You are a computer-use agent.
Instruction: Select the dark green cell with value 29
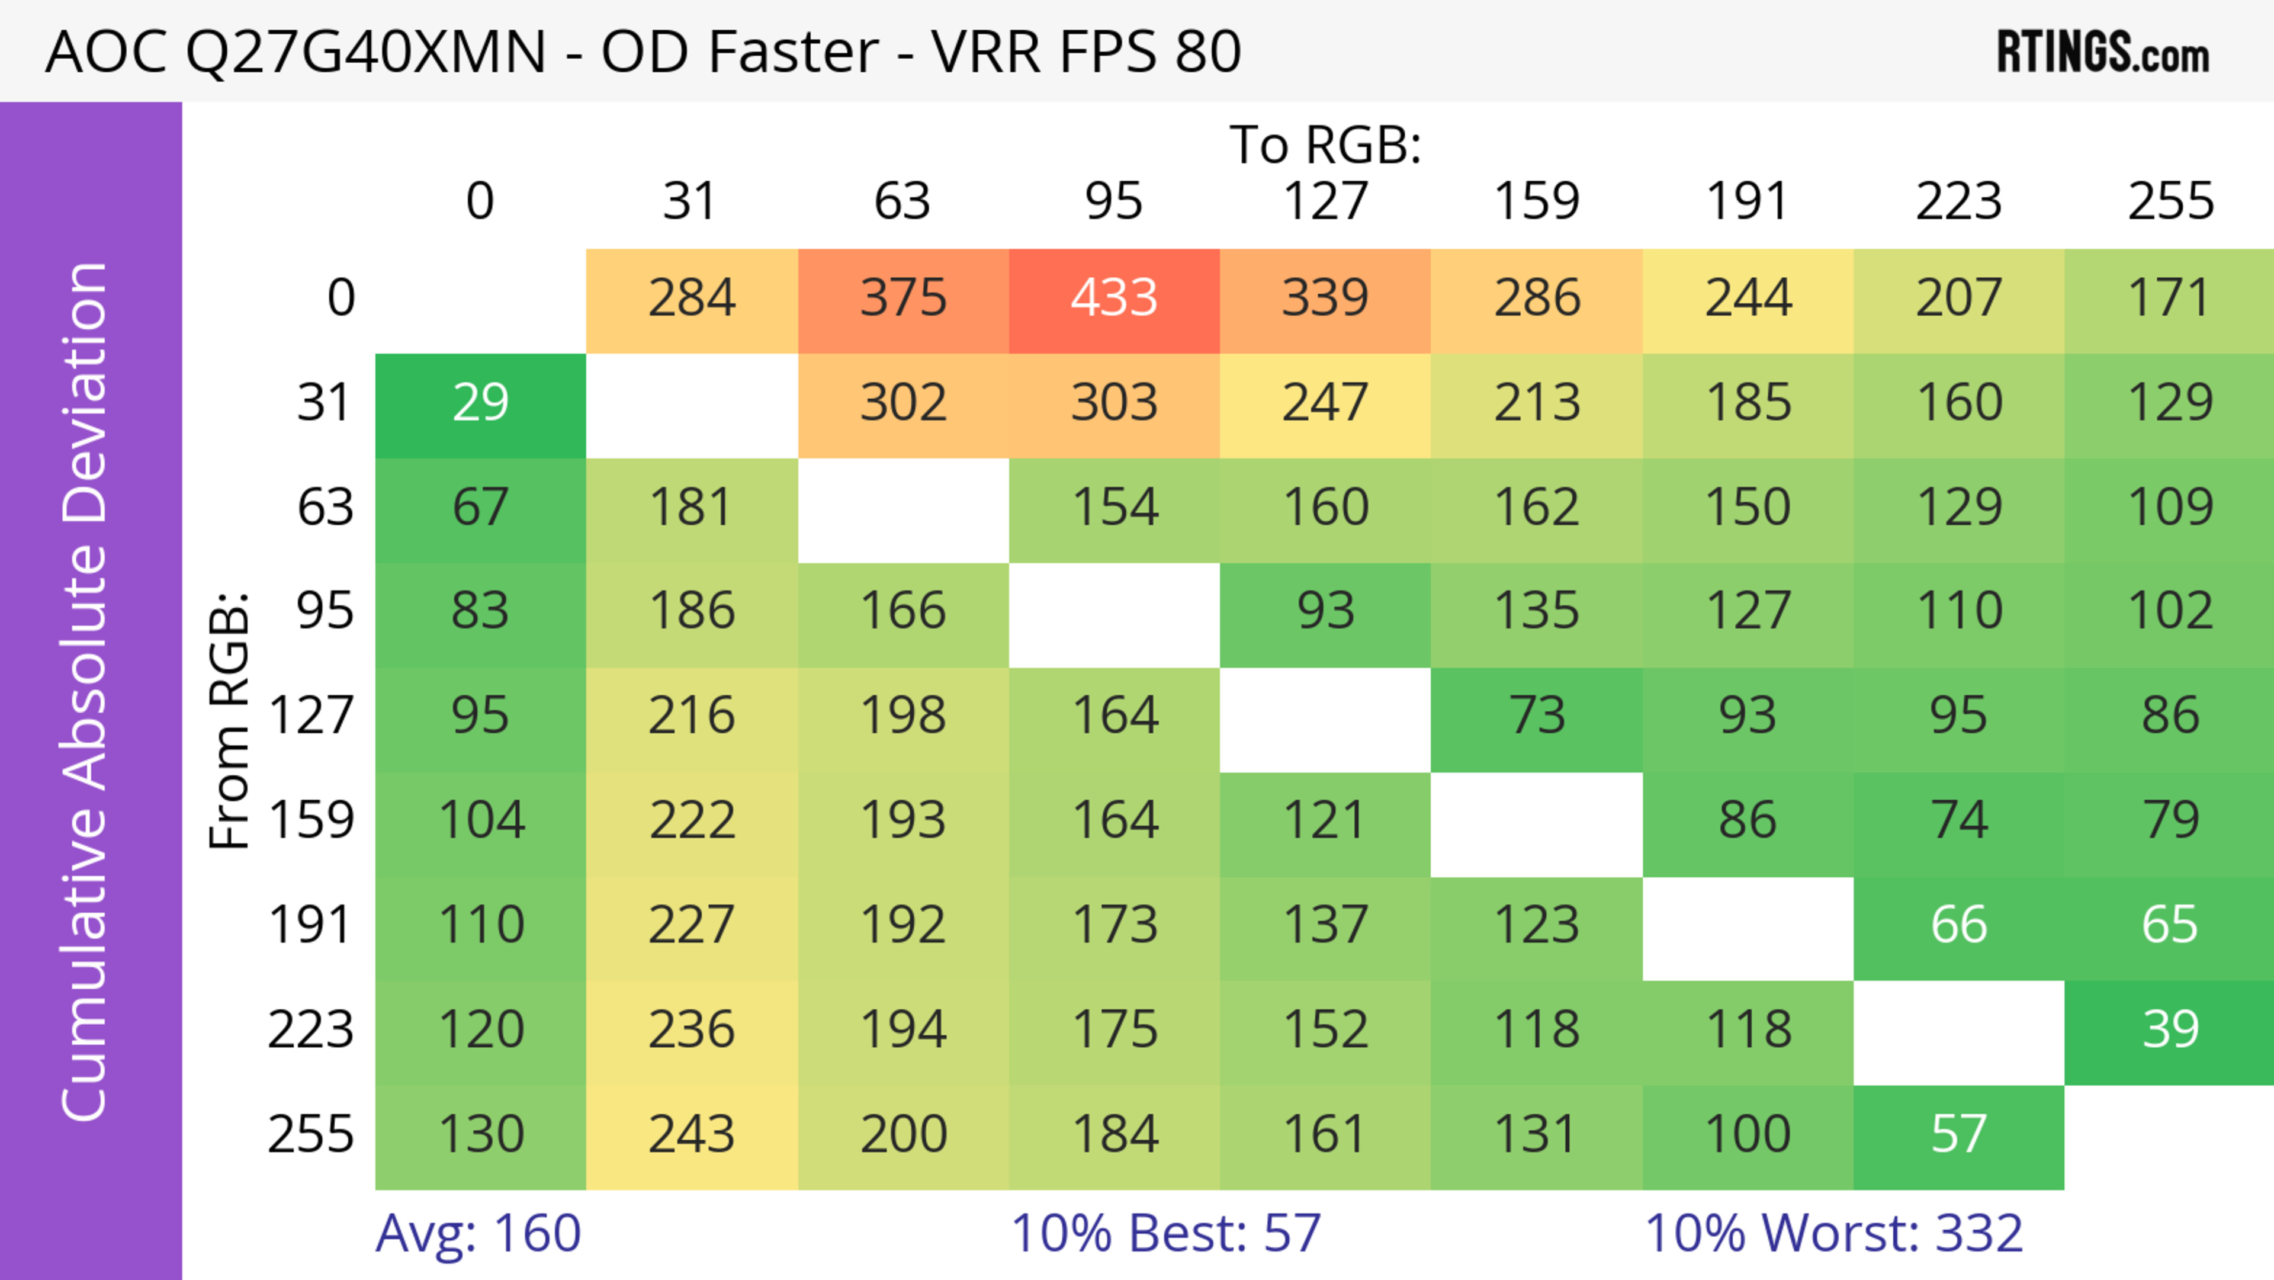[480, 403]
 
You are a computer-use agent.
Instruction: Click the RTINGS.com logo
[2103, 53]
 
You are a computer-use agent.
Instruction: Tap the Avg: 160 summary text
[477, 1233]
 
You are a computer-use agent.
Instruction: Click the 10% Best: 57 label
[1165, 1233]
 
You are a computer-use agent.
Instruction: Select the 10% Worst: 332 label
[1833, 1233]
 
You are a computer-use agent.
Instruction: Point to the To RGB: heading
[1325, 144]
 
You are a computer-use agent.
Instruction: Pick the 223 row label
[311, 1029]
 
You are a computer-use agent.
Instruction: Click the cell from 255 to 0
[480, 1134]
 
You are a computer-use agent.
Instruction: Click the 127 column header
[1325, 201]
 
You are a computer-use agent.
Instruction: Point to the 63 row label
[325, 508]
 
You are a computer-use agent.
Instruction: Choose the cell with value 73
[1537, 715]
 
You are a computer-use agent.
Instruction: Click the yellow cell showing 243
[691, 1134]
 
